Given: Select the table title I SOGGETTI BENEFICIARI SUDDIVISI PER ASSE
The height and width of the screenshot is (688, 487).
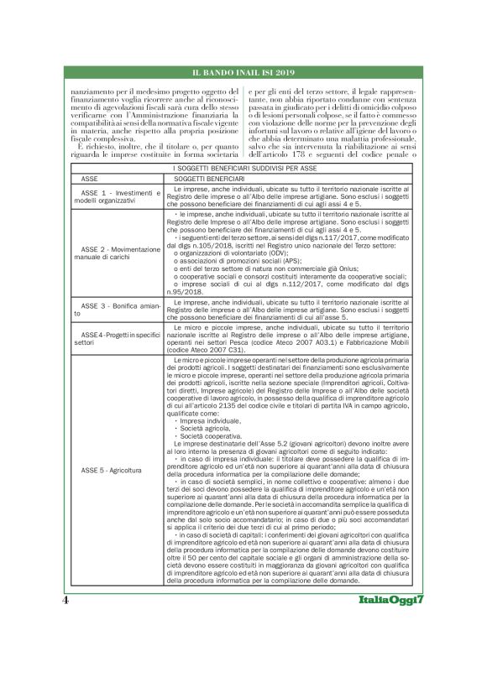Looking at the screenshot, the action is (243, 169).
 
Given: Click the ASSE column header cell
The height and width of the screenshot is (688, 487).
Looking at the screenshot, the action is (91, 179).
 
